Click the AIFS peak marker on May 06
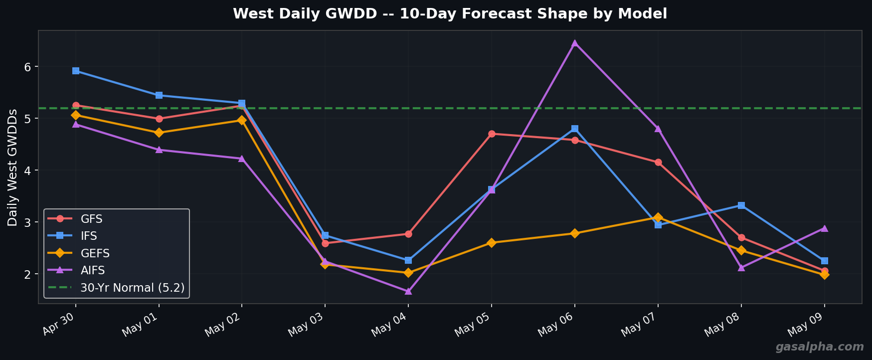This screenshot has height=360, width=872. (x=574, y=43)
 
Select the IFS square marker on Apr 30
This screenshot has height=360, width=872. (x=76, y=71)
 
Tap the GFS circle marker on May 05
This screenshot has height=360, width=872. (x=492, y=134)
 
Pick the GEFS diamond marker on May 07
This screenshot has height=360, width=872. (x=658, y=217)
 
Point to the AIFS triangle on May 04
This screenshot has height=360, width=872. (x=408, y=291)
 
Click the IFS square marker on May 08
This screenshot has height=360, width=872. (x=741, y=205)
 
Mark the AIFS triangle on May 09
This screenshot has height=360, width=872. (x=824, y=228)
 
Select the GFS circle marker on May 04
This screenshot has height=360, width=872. (x=408, y=234)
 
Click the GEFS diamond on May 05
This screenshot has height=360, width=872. (x=492, y=243)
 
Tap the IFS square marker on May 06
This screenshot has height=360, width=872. (x=574, y=129)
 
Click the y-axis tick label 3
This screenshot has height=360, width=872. (x=28, y=222)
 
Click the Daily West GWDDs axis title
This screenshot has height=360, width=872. (x=12, y=167)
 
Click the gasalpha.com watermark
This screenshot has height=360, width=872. (x=819, y=347)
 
